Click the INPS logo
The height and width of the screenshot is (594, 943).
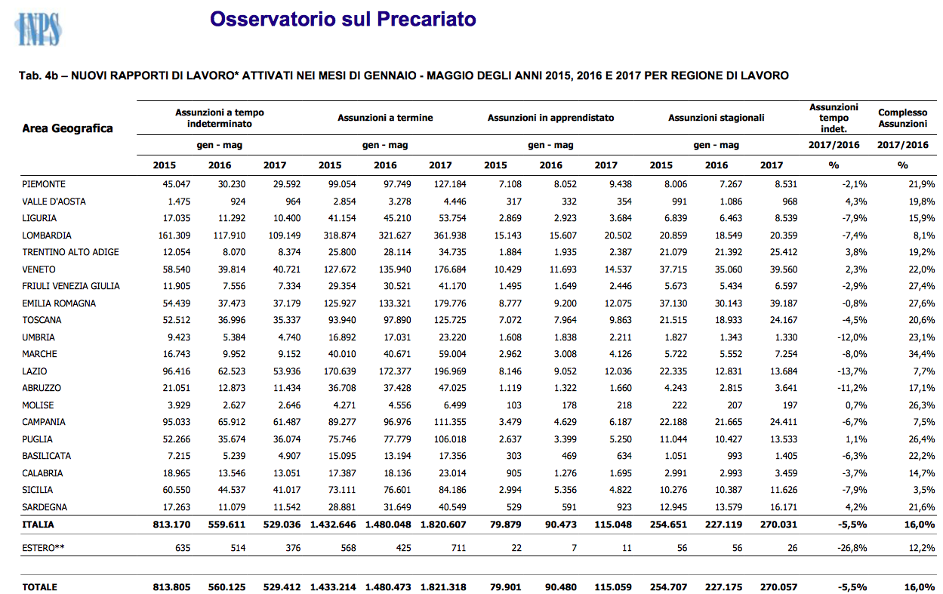(39, 29)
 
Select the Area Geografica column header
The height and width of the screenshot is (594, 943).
(67, 128)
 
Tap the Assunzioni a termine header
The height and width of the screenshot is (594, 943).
(385, 118)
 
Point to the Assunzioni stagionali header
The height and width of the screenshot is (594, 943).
(716, 118)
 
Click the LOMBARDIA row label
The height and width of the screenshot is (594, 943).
(47, 235)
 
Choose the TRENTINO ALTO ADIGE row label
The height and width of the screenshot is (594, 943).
(70, 252)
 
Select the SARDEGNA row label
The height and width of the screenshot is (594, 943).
(45, 507)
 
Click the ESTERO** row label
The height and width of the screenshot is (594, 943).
(43, 548)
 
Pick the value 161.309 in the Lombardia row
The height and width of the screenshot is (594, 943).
(174, 235)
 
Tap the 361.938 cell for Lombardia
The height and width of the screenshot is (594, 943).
(450, 235)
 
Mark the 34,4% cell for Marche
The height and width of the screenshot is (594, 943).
(922, 354)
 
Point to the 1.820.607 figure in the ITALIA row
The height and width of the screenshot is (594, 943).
(443, 525)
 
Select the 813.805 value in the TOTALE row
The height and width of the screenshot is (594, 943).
(171, 587)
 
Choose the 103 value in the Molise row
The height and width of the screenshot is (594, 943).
(513, 405)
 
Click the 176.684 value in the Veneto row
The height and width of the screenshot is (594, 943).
(450, 269)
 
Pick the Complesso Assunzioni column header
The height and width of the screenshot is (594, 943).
(902, 118)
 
